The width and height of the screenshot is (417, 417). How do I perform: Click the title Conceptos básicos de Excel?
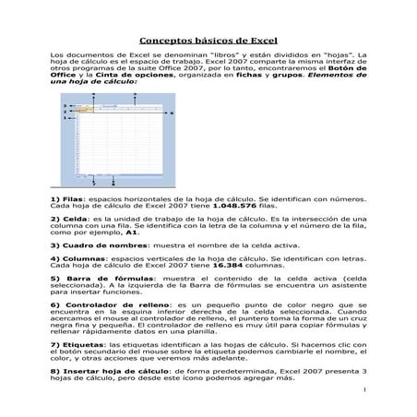tap(208, 42)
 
